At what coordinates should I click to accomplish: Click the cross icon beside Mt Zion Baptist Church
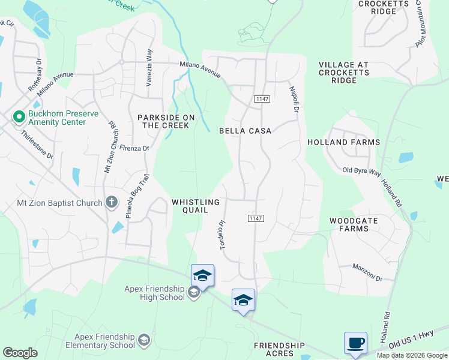(111, 202)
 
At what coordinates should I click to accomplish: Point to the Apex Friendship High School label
(155, 293)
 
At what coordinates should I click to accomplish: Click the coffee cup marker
(355, 343)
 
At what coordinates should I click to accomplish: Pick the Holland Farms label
(344, 142)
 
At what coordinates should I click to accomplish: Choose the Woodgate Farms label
(354, 224)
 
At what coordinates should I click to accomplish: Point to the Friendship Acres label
(280, 349)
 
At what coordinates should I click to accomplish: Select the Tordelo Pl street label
(223, 235)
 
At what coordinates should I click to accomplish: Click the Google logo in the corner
(20, 353)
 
